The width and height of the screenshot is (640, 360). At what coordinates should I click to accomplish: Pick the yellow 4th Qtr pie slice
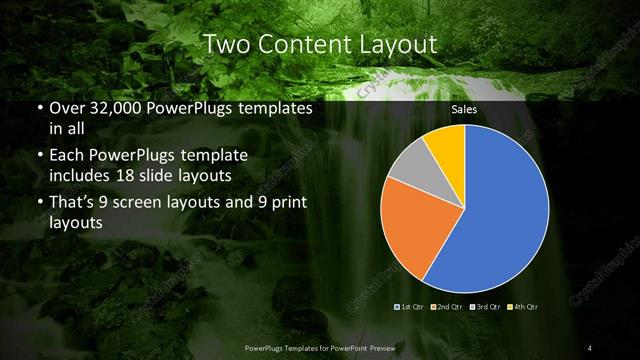(x=446, y=145)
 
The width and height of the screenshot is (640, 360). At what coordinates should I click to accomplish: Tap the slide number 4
(x=590, y=347)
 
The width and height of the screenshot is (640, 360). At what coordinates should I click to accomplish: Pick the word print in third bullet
(x=286, y=203)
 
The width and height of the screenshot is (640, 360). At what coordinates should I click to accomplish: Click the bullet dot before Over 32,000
(x=39, y=108)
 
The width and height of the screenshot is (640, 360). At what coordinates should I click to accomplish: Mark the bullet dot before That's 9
(x=39, y=204)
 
